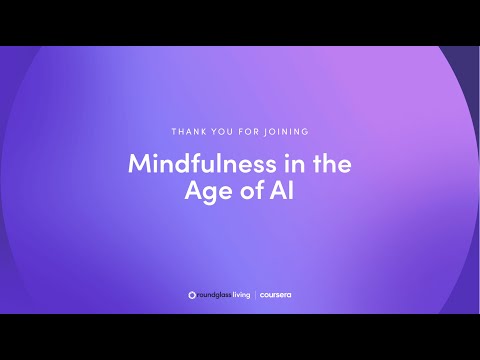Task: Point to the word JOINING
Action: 286,132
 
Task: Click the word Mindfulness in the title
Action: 202,163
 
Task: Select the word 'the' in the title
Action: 332,163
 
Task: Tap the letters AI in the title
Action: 282,190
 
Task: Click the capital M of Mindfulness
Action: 140,163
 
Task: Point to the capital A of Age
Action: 194,190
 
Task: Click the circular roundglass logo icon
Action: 192,295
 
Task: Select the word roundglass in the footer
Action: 214,295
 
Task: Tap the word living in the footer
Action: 241,295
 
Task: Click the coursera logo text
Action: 275,295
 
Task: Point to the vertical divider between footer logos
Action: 255,295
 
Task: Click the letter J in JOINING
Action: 266,132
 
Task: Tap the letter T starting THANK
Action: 174,132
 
